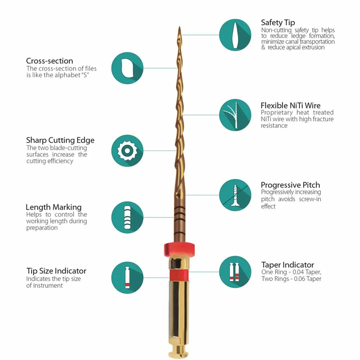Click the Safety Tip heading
click(278, 23)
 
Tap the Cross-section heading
click(49, 61)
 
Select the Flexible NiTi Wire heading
click(290, 106)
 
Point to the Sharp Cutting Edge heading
click(60, 140)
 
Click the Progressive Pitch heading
click(290, 185)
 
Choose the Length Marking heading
click(53, 207)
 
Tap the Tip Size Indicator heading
click(56, 271)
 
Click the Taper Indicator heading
click(287, 265)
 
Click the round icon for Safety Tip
click(235, 35)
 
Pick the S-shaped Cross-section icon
click(127, 68)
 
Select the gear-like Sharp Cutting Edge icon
click(127, 151)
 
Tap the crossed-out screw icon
click(235, 195)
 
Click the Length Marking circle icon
click(127, 217)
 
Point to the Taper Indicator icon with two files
click(235, 272)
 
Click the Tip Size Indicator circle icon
click(127, 277)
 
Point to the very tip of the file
click(179, 27)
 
